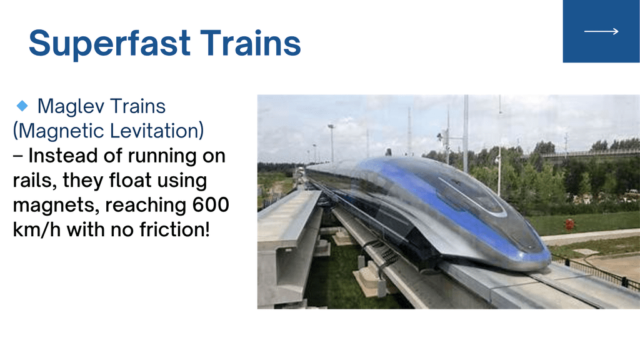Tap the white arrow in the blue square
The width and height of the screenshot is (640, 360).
coord(601,31)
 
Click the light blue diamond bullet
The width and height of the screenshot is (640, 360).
coord(22,106)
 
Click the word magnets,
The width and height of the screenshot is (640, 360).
coord(56,206)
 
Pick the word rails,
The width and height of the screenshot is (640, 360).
coord(34,181)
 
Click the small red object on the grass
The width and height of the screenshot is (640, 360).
coord(569,224)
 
